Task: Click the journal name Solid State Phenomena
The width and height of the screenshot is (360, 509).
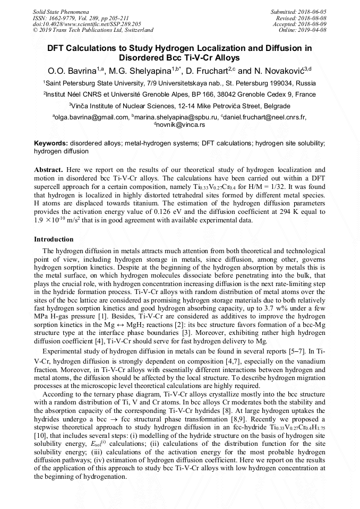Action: (x=61, y=11)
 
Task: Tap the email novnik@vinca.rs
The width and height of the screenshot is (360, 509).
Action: (x=181, y=125)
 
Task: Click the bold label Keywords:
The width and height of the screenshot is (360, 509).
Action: (x=51, y=144)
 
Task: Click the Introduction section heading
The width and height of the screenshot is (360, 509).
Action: (x=54, y=239)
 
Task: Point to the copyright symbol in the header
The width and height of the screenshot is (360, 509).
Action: (x=36, y=30)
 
